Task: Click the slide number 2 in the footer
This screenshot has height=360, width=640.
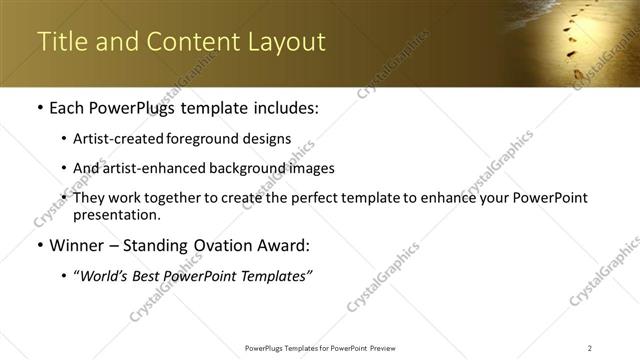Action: (x=589, y=347)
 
